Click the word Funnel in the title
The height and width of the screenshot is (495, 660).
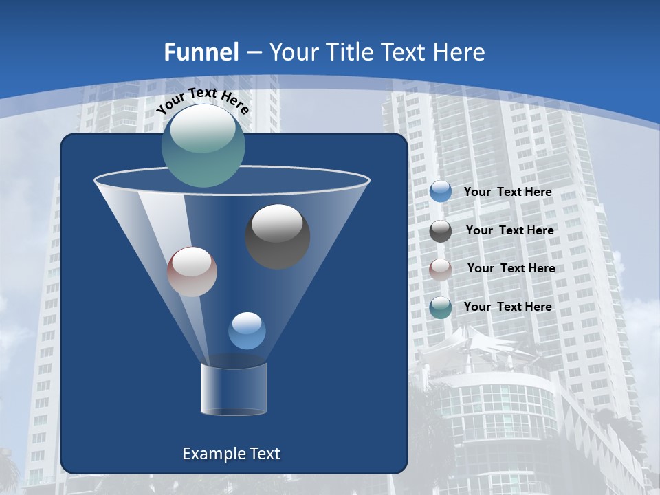[x=201, y=52]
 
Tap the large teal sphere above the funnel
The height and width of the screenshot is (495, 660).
[x=203, y=146]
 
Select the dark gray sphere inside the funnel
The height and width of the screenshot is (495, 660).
[x=278, y=236]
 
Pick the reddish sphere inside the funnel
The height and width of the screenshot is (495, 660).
[x=192, y=272]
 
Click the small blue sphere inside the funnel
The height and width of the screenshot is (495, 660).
[x=247, y=331]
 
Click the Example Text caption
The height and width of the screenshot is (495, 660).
[x=231, y=454]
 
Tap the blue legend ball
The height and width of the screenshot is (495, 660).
[x=441, y=192]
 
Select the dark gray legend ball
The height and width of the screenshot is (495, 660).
[x=441, y=231]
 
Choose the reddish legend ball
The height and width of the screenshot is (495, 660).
[x=441, y=269]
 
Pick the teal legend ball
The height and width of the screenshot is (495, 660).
[x=441, y=307]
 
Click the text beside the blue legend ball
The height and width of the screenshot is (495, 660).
[x=507, y=192]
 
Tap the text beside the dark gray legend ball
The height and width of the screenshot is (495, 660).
[x=509, y=231]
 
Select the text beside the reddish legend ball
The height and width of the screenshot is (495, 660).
[x=511, y=269]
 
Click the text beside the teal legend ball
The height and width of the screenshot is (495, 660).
[x=507, y=307]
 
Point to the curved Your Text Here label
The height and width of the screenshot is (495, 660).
[x=203, y=100]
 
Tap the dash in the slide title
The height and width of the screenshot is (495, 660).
[x=254, y=53]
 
